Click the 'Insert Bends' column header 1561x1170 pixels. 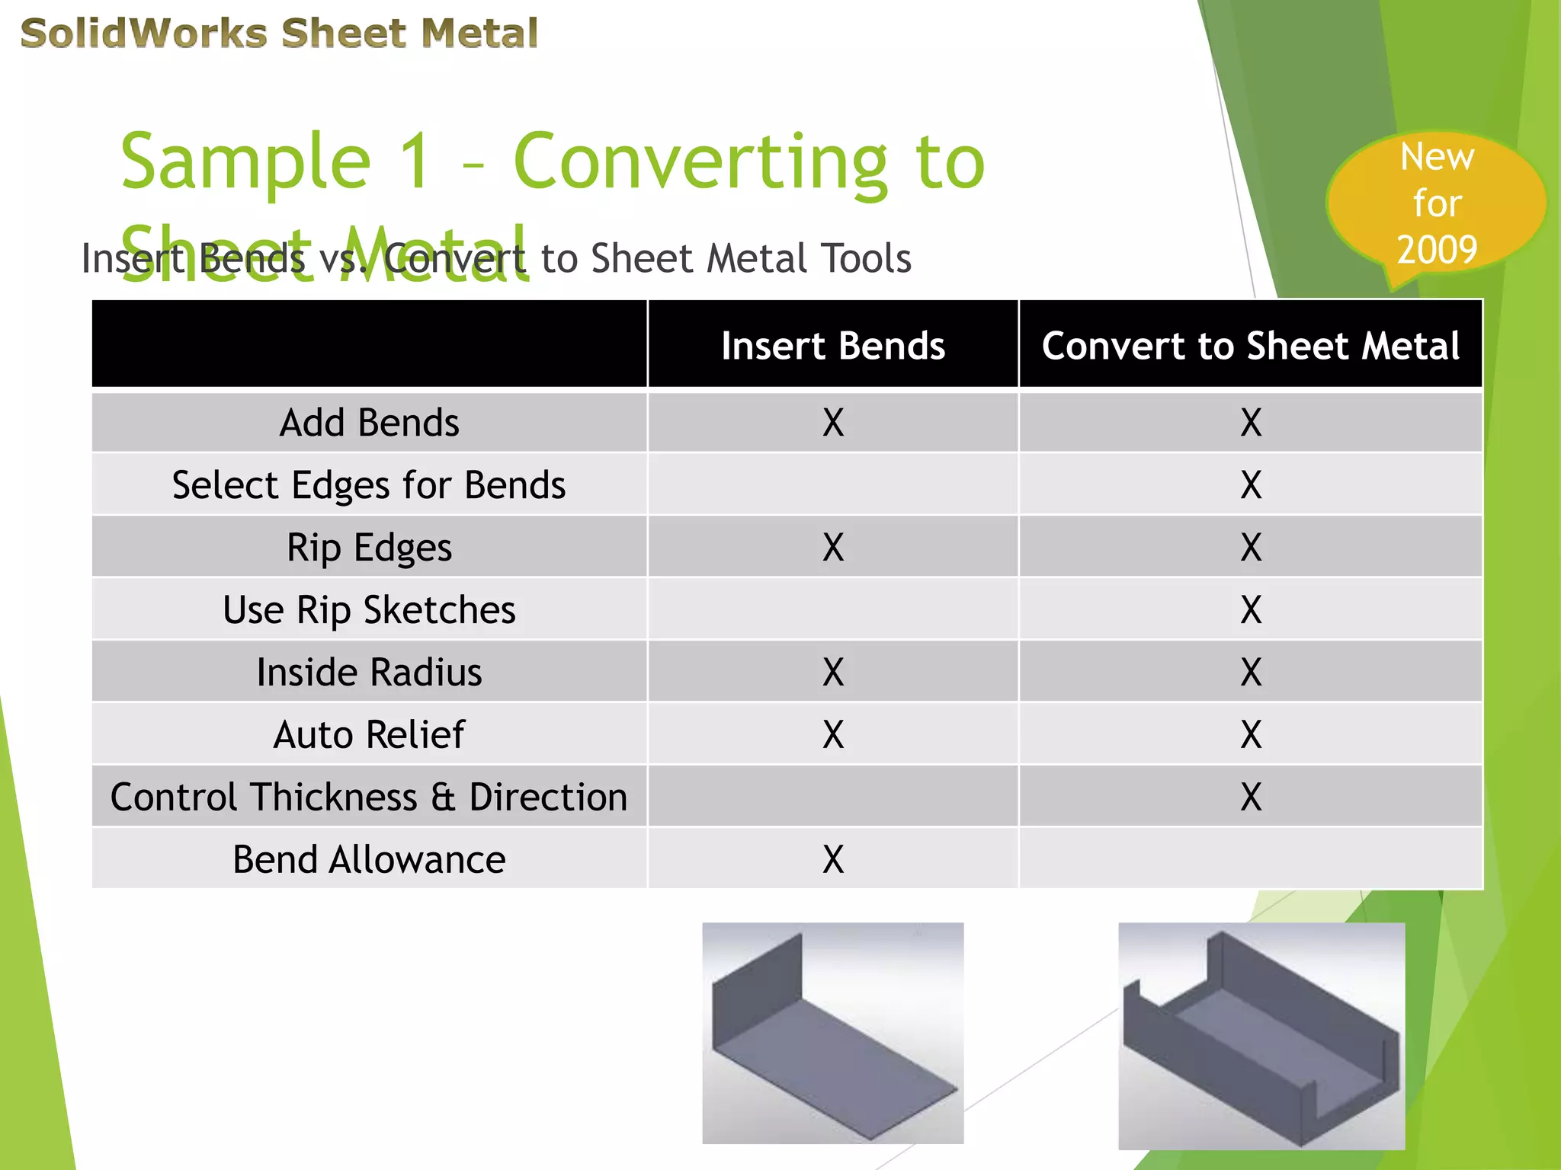click(x=832, y=346)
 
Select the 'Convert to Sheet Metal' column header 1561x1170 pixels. click(x=1250, y=346)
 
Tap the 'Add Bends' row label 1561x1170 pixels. click(x=370, y=423)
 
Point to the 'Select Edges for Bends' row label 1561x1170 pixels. click(x=369, y=485)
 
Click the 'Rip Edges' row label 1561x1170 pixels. click(x=370, y=548)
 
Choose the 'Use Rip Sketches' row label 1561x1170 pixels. click(x=370, y=610)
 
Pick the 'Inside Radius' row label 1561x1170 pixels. click(x=370, y=673)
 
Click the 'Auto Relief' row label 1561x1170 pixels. click(x=370, y=735)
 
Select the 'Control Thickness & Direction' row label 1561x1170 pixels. click(x=370, y=798)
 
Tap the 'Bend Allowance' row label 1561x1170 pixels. click(x=370, y=860)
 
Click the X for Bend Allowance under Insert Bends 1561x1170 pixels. click(x=833, y=860)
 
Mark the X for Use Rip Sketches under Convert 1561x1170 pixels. click(x=1251, y=610)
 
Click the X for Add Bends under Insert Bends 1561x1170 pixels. click(x=833, y=423)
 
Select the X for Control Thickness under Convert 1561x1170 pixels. click(x=1251, y=798)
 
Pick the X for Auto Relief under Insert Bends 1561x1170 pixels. click(x=833, y=735)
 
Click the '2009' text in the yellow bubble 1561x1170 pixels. click(x=1437, y=249)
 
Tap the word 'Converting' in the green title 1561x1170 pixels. click(x=700, y=161)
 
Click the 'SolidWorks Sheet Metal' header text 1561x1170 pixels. click(x=279, y=34)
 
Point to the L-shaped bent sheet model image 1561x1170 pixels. click(x=832, y=1033)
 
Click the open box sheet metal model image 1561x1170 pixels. click(x=1261, y=1036)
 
